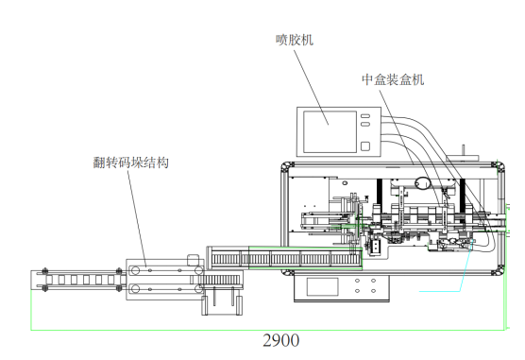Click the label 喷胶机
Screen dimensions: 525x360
point(295,40)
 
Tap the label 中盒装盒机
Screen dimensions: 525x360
point(393,79)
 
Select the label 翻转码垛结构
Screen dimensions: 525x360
point(130,163)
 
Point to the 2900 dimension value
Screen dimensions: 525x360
point(281,340)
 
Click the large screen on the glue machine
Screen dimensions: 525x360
point(330,131)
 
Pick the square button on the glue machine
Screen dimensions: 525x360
point(365,146)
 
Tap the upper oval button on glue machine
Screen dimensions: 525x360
point(365,116)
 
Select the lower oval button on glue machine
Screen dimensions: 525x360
point(365,124)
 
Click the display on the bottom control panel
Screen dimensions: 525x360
point(322,286)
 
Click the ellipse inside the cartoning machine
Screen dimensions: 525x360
point(422,183)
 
